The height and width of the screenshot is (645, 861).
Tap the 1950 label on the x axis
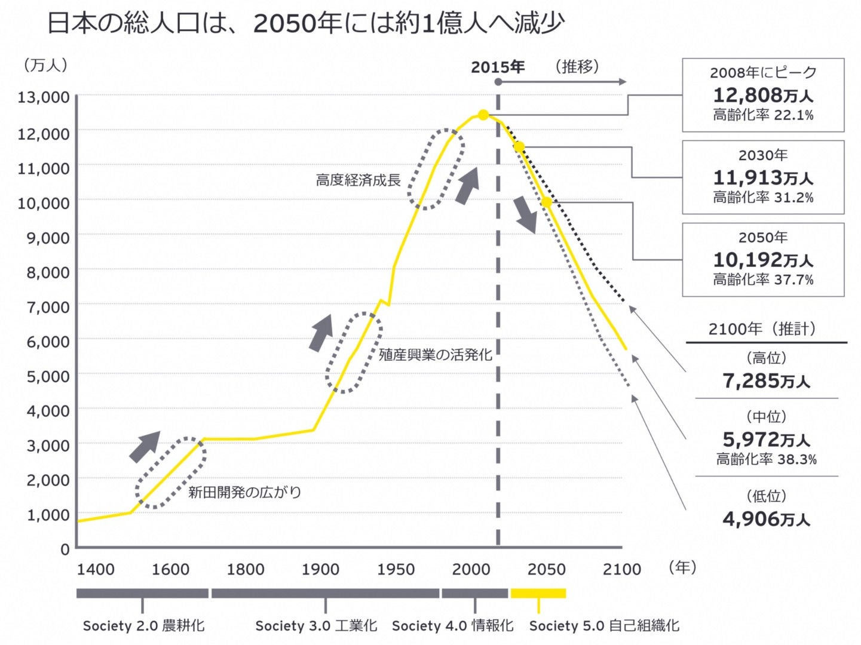coord(396,569)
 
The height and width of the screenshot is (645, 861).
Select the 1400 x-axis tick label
coord(96,569)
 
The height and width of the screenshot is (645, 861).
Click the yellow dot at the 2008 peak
coord(483,115)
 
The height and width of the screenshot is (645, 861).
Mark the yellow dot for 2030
coord(519,146)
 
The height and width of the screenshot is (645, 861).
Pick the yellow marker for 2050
coord(546,202)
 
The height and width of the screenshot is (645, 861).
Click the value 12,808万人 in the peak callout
coord(763,94)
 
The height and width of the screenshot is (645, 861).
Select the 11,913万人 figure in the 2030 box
coord(763,177)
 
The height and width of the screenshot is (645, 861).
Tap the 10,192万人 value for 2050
coord(763,259)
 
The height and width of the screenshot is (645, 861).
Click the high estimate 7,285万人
coord(766,380)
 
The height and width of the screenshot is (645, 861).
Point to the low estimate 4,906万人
coord(766,518)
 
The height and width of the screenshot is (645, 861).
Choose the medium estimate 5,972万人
coord(766,440)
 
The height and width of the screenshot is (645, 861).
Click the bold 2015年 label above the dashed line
coord(498,67)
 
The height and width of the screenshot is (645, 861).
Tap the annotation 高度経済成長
coord(358,180)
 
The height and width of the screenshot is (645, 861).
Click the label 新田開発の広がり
coord(244,492)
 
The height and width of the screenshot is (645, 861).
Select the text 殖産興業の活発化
coord(436,355)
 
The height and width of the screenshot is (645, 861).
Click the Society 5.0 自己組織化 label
coord(604,625)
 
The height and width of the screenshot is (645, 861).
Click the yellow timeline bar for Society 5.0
coord(538,593)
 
